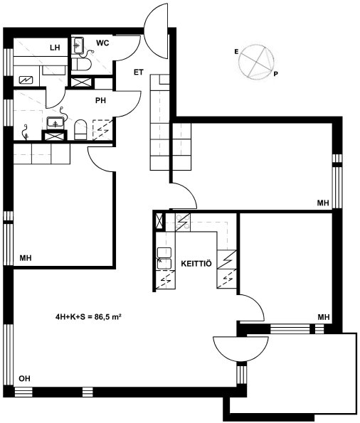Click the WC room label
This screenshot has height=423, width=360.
click(x=102, y=43)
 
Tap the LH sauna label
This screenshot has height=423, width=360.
click(x=55, y=48)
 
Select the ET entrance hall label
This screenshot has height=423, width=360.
click(x=139, y=73)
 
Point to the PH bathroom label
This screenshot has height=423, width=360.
click(x=100, y=101)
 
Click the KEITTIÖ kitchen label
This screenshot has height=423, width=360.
click(x=196, y=264)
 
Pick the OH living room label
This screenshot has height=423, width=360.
click(x=24, y=379)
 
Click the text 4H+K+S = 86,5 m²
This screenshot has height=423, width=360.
click(x=88, y=317)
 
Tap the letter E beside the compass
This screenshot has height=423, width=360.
click(x=237, y=52)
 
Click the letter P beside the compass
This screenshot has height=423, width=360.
click(x=275, y=74)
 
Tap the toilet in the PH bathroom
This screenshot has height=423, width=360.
click(x=80, y=130)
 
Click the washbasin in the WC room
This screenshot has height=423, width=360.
click(x=78, y=45)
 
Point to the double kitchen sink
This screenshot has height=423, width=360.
click(x=164, y=259)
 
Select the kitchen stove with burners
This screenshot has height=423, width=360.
click(x=183, y=223)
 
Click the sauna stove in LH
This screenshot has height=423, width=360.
click(x=26, y=80)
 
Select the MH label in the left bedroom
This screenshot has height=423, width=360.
click(x=26, y=258)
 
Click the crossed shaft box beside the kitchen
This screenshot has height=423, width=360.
click(x=159, y=221)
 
